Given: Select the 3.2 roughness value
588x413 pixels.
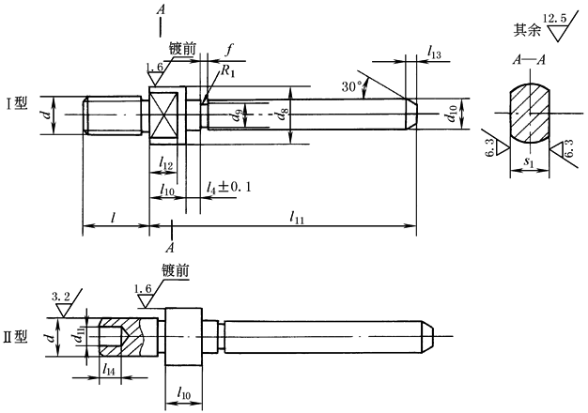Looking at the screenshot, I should (x=62, y=297).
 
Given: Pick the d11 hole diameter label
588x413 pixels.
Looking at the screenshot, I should (x=81, y=332).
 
